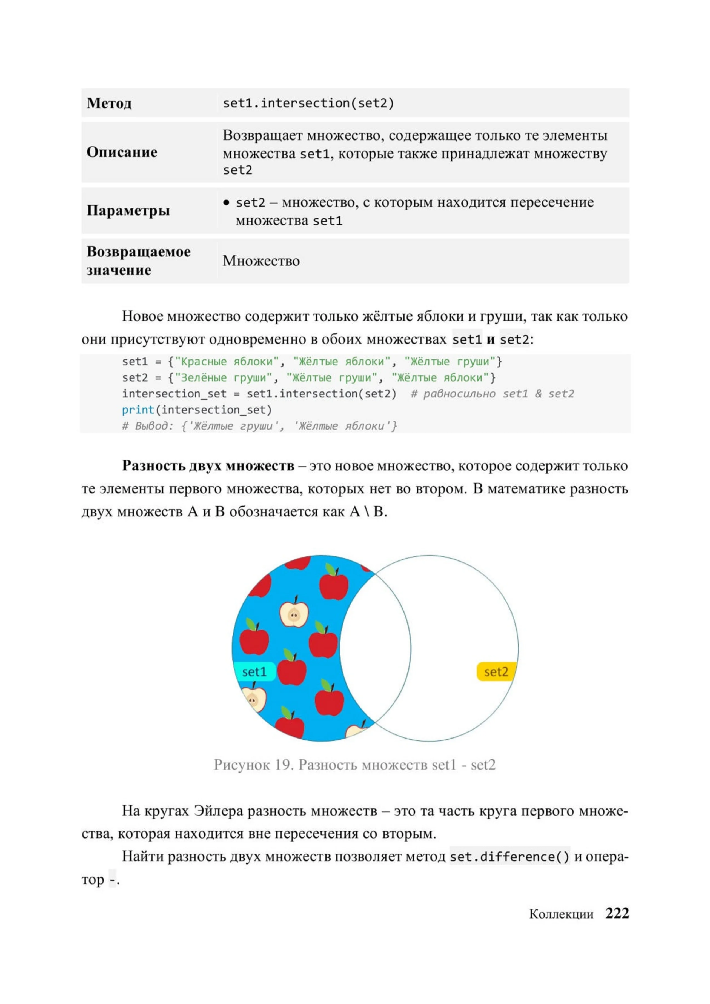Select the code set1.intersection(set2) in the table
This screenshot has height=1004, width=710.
point(308,103)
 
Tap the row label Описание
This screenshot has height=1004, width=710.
point(122,152)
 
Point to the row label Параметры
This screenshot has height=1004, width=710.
point(128,210)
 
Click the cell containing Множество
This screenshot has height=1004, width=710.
point(261,261)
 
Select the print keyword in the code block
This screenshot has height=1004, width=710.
point(138,410)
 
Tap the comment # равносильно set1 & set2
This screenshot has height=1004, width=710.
point(492,394)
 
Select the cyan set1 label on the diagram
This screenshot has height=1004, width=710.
point(254,672)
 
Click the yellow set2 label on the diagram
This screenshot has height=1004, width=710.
point(496,672)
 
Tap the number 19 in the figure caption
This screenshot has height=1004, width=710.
point(284,765)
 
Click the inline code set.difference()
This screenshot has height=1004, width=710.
point(509,857)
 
